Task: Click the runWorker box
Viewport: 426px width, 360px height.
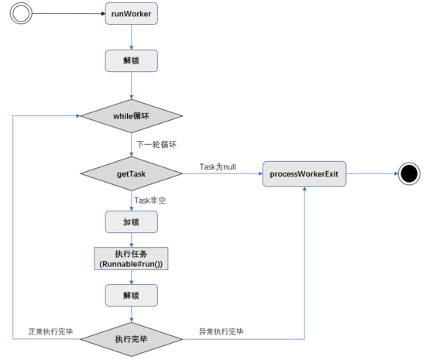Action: pos(131,14)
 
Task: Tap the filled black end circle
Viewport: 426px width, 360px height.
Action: pos(409,173)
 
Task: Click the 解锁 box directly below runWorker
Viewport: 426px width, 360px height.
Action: pos(131,61)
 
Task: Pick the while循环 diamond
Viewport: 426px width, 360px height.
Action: pos(131,116)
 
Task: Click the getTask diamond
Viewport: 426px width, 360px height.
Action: pos(131,173)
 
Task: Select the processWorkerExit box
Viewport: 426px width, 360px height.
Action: pos(304,173)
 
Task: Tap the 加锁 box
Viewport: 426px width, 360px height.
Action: pos(131,222)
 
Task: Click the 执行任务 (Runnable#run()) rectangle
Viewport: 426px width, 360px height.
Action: pos(131,259)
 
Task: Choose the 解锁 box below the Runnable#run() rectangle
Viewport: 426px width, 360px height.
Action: pos(131,296)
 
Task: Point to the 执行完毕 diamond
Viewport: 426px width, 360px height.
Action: pos(131,339)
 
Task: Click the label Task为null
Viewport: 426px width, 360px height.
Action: pos(218,166)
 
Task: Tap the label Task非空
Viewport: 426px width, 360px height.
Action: pos(150,201)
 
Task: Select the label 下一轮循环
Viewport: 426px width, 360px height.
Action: pos(156,144)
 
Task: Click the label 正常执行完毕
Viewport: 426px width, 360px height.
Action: pos(50,331)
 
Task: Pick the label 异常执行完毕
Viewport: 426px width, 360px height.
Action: pos(222,331)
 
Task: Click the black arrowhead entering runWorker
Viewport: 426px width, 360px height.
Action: pos(103,14)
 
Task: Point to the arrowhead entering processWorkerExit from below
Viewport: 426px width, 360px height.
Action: pos(304,188)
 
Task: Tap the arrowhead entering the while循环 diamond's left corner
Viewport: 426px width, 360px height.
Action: pos(78,116)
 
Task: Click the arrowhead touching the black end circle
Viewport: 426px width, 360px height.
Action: pos(396,173)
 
